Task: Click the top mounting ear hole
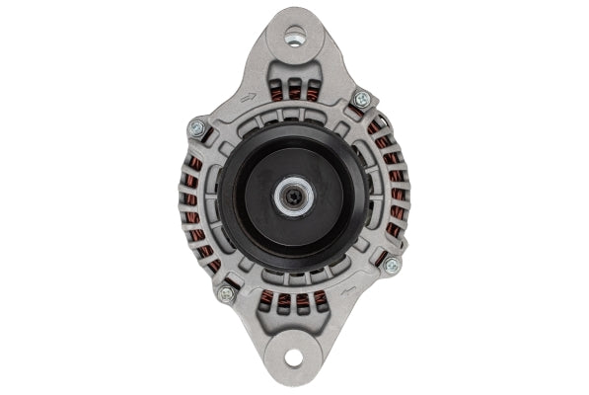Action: tap(293, 37)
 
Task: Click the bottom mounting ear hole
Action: tap(293, 359)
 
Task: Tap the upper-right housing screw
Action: tap(361, 99)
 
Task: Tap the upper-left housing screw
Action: tap(196, 127)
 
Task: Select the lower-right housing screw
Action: tap(392, 266)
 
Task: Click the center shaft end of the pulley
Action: tap(294, 196)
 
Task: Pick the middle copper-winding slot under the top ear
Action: tap(295, 92)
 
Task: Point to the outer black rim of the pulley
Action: tap(229, 197)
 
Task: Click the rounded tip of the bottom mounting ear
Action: tap(293, 379)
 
